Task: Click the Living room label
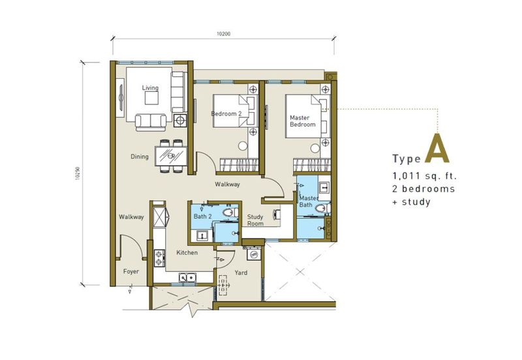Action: click(150, 88)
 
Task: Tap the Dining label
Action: click(140, 157)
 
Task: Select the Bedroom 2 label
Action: click(226, 113)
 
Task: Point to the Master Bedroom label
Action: click(303, 121)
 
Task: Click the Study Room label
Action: click(255, 220)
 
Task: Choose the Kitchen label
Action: click(187, 252)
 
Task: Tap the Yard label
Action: click(241, 273)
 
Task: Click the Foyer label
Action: click(131, 271)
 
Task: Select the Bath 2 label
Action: click(203, 217)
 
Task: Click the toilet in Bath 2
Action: click(230, 213)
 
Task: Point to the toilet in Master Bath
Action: click(322, 209)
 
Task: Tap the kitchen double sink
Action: click(187, 277)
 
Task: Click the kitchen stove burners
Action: click(159, 258)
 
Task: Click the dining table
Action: click(171, 156)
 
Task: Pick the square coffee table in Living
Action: click(152, 98)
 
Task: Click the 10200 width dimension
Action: click(223, 34)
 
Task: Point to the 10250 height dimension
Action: click(78, 173)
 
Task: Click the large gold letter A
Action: click(437, 149)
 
